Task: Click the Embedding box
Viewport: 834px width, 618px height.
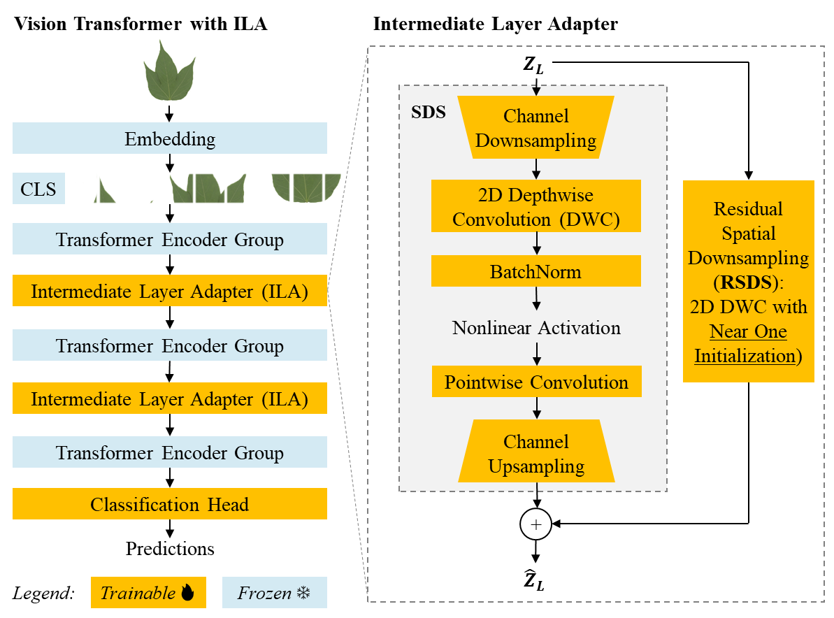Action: [x=170, y=138]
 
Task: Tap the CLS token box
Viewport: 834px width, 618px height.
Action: [x=38, y=189]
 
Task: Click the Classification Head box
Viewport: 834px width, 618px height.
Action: [x=170, y=504]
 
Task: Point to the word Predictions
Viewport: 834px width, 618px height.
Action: [x=170, y=549]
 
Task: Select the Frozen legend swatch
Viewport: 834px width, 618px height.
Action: [x=274, y=593]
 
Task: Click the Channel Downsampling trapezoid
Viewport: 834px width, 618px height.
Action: [x=536, y=128]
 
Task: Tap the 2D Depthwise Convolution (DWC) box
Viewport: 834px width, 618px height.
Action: [x=536, y=207]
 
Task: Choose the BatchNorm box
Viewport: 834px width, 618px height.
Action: [x=536, y=271]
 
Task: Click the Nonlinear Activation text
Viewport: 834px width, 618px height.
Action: [x=536, y=327]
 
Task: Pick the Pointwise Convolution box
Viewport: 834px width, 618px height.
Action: [x=536, y=382]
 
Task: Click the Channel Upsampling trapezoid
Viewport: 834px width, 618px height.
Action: [x=536, y=453]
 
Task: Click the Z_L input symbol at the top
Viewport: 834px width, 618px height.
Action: [x=533, y=66]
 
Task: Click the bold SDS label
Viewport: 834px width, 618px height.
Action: [x=428, y=113]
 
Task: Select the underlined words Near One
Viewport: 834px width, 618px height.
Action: [x=749, y=331]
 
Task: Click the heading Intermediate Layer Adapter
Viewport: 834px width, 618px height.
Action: [x=495, y=24]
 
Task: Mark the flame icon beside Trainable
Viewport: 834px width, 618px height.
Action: [x=187, y=594]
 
